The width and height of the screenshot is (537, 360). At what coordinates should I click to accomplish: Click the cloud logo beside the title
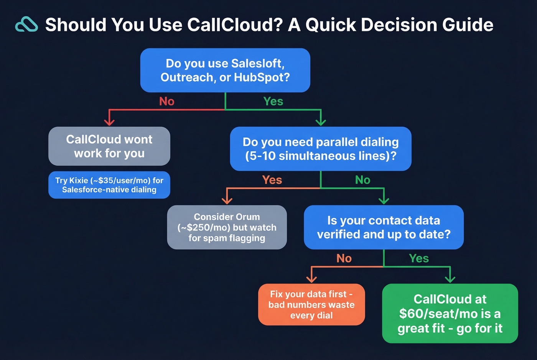point(26,25)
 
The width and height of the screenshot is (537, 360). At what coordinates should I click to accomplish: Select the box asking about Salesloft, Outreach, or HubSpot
point(225,70)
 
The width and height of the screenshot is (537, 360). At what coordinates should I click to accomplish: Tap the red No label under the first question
point(166,101)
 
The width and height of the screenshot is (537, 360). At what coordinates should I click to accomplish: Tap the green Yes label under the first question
point(273,101)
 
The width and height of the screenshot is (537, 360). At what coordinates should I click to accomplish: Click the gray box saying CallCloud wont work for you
point(109,146)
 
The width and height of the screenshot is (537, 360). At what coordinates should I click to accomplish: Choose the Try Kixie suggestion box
point(109,185)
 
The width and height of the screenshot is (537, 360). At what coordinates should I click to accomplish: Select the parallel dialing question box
point(321,149)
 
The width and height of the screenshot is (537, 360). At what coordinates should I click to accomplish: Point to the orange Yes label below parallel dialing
point(272,180)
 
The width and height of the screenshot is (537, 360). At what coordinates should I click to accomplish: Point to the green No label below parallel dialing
point(362,180)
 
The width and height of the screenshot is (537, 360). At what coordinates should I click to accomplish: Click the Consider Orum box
point(227,227)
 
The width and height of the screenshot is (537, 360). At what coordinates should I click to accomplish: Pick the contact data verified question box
point(384,227)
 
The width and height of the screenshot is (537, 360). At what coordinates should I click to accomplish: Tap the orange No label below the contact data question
point(344,258)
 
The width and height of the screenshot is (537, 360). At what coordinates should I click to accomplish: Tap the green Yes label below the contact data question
point(418,258)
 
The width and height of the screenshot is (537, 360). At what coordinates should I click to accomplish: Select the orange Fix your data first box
point(311,304)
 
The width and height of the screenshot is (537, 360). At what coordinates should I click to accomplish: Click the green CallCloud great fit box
point(450,313)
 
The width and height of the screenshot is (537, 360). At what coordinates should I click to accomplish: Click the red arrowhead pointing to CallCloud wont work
point(109,122)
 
